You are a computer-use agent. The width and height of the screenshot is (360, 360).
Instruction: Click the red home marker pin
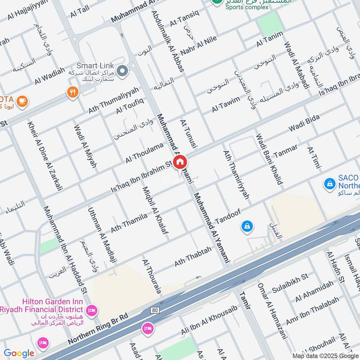coord(180,162)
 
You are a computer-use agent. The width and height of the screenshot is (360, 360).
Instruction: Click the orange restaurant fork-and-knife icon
coord(72,92)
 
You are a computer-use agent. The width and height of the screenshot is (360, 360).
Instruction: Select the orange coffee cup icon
coord(22,101)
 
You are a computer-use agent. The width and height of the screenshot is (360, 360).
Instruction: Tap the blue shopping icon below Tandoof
coord(247,226)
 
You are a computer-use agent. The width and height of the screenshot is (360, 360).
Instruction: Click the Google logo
coord(18,353)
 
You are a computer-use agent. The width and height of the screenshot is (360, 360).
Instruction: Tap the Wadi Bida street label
coord(304,123)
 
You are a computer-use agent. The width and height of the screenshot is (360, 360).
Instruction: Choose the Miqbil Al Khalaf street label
coord(152,209)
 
